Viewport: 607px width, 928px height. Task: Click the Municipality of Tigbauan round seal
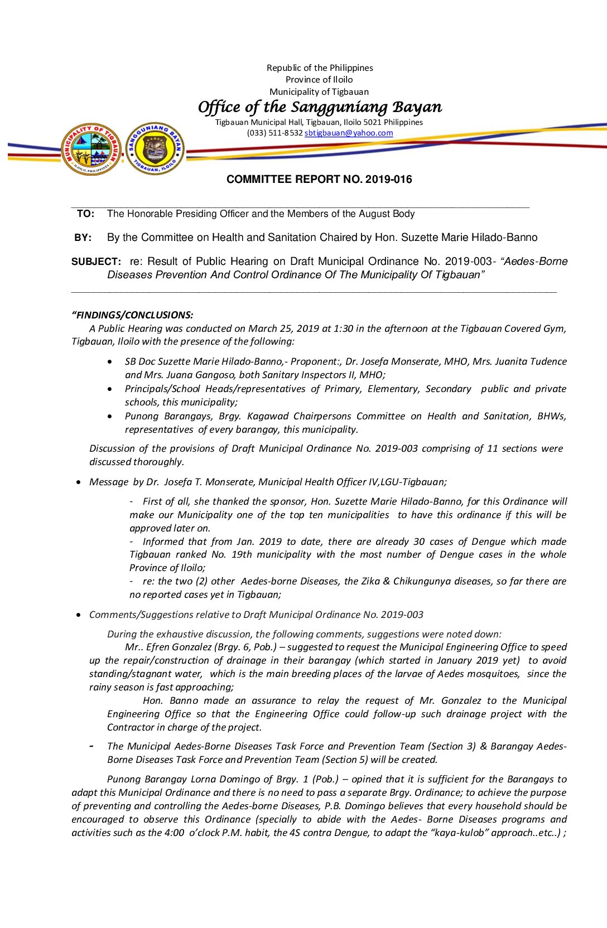coord(91,149)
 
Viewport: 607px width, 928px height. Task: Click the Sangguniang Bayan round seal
coord(155,149)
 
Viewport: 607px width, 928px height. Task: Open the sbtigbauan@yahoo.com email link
coord(349,133)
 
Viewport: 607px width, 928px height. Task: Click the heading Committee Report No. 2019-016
coord(319,180)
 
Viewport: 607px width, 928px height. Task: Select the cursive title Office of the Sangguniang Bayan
coord(320,107)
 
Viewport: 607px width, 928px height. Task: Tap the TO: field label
coord(85,214)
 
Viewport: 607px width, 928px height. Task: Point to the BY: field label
coord(83,238)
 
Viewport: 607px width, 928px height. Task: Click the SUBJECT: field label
coord(96,262)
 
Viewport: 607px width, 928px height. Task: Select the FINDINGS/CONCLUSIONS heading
coord(133,315)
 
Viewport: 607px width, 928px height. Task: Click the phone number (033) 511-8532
coord(274,133)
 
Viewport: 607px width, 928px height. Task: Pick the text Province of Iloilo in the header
coord(319,80)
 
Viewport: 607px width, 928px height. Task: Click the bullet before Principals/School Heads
coord(109,389)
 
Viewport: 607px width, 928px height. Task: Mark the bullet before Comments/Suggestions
coord(78,615)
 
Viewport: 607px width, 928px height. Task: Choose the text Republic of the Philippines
coord(320,68)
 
